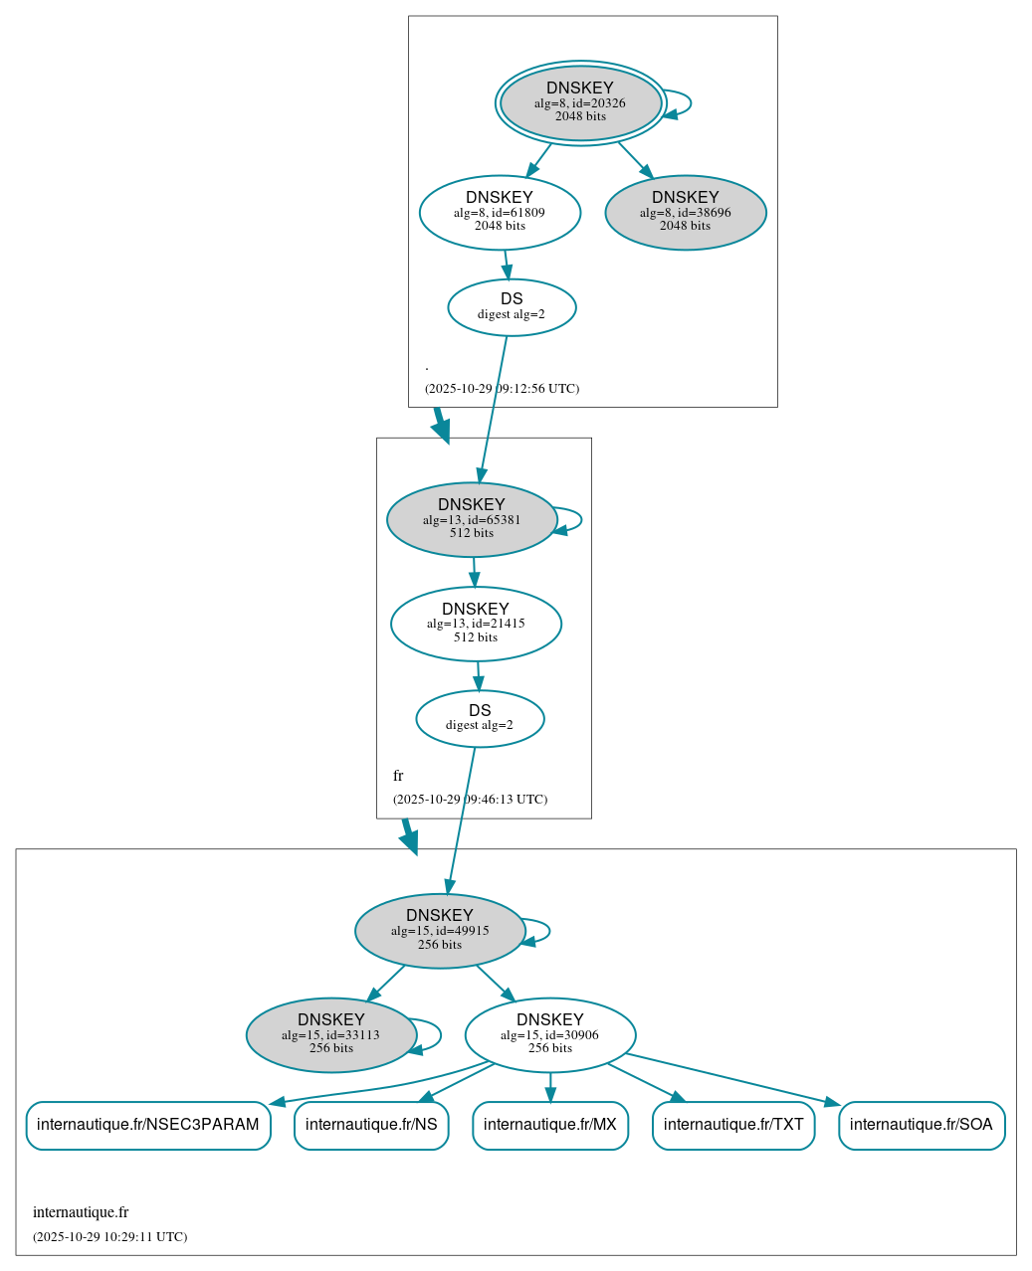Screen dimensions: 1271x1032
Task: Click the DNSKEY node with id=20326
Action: click(x=580, y=102)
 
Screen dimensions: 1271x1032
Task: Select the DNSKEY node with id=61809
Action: click(x=500, y=212)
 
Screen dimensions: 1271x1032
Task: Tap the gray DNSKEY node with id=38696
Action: click(x=685, y=212)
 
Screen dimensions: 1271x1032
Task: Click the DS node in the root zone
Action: click(x=512, y=307)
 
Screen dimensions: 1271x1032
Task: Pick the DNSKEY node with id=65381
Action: click(x=472, y=519)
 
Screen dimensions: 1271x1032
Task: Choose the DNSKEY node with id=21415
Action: click(x=476, y=624)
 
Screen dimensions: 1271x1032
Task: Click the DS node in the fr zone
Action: click(x=480, y=718)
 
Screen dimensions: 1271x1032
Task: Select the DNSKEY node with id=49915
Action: click(x=440, y=930)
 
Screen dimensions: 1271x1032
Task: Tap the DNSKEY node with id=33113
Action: click(x=330, y=1034)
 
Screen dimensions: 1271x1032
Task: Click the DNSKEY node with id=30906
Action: click(x=549, y=1034)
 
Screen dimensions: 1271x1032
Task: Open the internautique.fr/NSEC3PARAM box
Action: click(x=148, y=1125)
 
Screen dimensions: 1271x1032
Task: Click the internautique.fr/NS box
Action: click(x=371, y=1125)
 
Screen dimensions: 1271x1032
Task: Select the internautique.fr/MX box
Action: click(x=550, y=1125)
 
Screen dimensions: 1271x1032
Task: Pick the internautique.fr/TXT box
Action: click(x=733, y=1125)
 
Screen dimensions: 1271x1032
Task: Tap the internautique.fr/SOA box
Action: click(x=922, y=1125)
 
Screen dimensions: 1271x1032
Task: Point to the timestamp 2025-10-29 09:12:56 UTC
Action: click(x=502, y=388)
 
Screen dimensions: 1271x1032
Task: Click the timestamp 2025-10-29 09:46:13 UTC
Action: click(x=470, y=799)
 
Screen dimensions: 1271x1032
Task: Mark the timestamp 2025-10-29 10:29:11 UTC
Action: click(x=109, y=1236)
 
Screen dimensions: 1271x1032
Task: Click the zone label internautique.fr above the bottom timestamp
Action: click(x=81, y=1211)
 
